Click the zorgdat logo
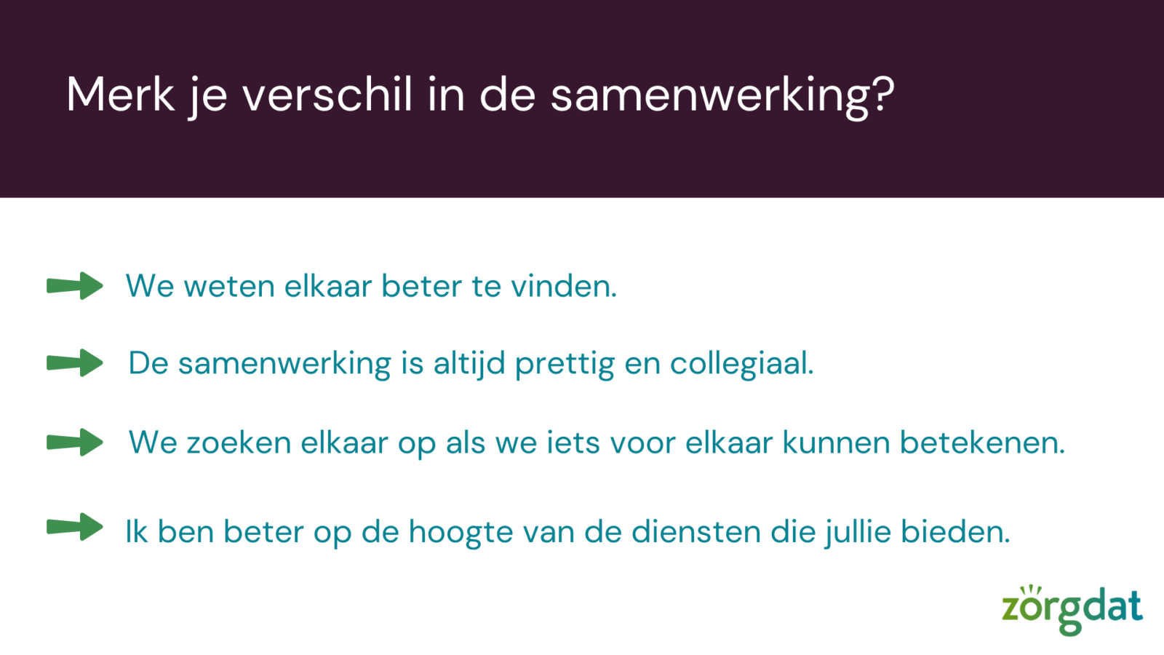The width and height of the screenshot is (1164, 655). (1072, 610)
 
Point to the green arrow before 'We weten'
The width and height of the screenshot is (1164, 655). (75, 285)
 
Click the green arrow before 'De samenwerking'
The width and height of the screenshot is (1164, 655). (75, 362)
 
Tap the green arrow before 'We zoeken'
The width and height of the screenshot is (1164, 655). (75, 442)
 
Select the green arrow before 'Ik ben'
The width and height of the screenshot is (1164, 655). (75, 527)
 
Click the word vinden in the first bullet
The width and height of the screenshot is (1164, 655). (559, 286)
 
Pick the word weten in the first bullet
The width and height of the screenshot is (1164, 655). (229, 287)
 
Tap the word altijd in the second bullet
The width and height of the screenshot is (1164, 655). (469, 363)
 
